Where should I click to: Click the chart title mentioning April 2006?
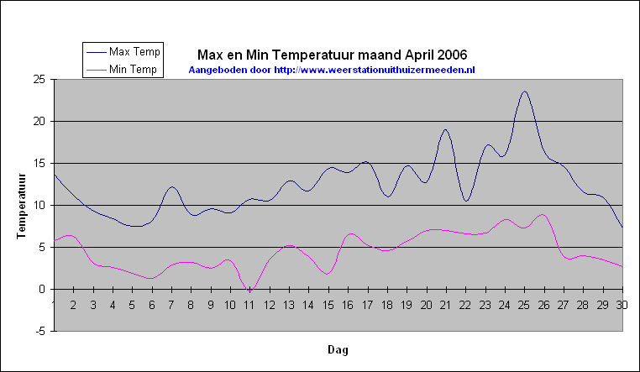coord(333,55)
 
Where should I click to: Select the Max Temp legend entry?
coord(123,52)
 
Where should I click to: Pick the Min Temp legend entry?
coord(121,70)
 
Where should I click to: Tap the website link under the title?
coord(375,70)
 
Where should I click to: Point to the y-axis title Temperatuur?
coord(21,207)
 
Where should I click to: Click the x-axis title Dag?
coord(338,350)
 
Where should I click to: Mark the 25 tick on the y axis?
coord(39,80)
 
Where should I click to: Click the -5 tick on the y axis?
coord(39,332)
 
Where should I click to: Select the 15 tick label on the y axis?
coord(39,164)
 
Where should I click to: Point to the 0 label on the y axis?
coord(42,290)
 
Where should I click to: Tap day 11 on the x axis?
coord(249,305)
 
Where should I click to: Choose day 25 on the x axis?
coord(524,305)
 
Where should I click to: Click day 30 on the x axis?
coord(622,305)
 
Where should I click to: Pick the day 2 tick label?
coord(73,305)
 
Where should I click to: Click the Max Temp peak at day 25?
coord(524,92)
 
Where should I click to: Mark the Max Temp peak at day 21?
coord(445,129)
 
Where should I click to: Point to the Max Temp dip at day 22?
coord(466,201)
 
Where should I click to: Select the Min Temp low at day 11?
coord(250,290)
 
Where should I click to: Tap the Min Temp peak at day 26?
coord(543,215)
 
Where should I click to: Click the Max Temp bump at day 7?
coord(172,186)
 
